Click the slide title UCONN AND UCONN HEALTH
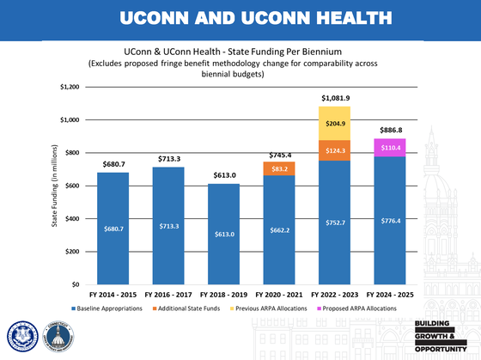240,17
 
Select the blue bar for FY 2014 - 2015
113,229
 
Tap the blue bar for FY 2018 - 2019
224,234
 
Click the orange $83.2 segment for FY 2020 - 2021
279,168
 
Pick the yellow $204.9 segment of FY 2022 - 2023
335,123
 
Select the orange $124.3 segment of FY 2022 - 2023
335,150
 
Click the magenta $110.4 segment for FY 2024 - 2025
390,147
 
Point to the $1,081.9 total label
335,99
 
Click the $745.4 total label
279,154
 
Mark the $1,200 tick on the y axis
69,87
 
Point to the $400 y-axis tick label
72,218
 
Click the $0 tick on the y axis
76,284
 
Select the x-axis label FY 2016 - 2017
168,295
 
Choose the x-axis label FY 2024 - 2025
390,295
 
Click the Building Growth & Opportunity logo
441,336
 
